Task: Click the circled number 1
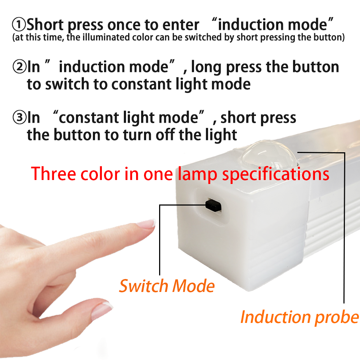(19, 25)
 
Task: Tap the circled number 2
(19, 67)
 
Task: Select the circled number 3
(19, 118)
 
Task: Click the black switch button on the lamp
(213, 205)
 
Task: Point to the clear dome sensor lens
(269, 155)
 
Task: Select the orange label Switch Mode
(167, 286)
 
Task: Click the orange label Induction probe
(300, 318)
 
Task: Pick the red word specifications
(276, 175)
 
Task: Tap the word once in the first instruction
(124, 25)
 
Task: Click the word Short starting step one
(45, 24)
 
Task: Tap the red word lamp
(197, 175)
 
